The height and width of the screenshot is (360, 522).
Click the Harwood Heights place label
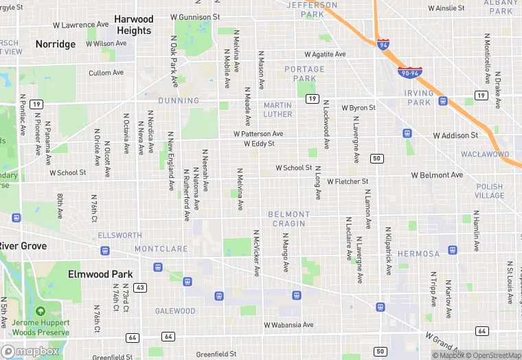point(134,25)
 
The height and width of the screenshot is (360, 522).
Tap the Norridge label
point(56,44)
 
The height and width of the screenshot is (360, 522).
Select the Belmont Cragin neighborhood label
point(289,219)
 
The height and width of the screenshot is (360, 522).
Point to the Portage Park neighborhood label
point(305,74)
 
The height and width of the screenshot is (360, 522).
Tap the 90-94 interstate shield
point(410,71)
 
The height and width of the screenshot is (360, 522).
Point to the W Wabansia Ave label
point(288,325)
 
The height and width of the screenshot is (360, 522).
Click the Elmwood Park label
point(100,274)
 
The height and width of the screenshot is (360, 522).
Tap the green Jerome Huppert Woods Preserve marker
point(41,312)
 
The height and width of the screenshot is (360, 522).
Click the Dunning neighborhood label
point(179,100)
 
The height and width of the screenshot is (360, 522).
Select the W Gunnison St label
point(195,16)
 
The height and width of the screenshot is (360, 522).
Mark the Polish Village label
point(489,191)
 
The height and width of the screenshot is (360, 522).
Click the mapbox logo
point(30,351)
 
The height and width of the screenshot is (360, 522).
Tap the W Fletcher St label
point(348,181)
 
